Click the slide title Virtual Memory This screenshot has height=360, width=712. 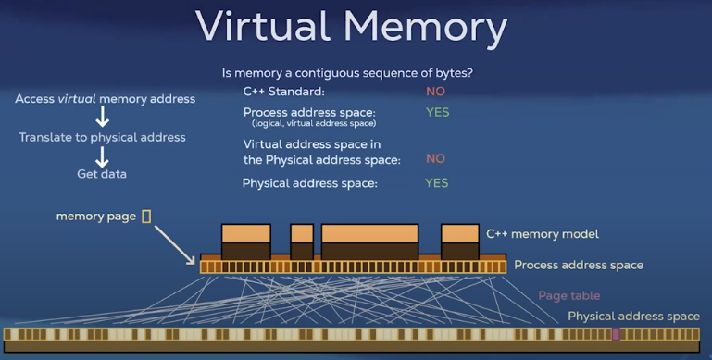(x=351, y=28)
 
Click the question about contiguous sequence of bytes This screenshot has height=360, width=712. (x=355, y=72)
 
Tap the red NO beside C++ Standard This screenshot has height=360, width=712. (x=435, y=92)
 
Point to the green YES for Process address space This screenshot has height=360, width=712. (x=437, y=112)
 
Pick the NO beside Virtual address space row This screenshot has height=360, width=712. (x=435, y=158)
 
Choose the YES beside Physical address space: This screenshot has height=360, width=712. (x=436, y=183)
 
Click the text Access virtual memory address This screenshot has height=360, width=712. (x=105, y=99)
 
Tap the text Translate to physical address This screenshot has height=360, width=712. (x=102, y=137)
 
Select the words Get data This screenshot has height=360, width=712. (x=102, y=174)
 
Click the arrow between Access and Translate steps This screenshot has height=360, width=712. (x=103, y=118)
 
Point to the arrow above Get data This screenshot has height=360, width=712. (x=103, y=155)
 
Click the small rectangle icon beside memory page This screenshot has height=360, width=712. (x=146, y=216)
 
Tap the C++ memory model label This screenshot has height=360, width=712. (x=543, y=234)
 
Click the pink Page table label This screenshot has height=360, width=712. (x=568, y=295)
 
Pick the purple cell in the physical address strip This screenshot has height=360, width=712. (x=616, y=334)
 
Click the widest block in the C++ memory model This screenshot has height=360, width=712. (x=369, y=242)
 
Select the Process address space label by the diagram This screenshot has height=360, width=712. (x=579, y=265)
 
